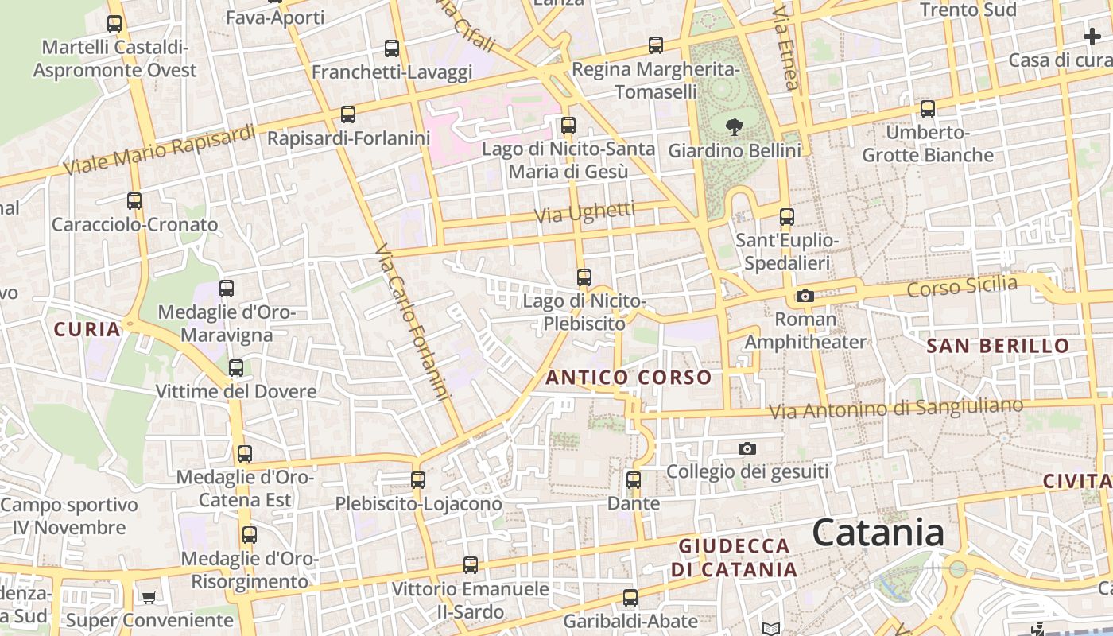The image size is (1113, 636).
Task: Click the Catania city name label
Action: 878,533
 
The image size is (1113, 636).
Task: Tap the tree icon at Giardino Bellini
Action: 734,126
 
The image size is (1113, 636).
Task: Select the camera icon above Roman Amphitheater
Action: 805,297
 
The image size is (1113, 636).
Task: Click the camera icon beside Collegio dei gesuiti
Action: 747,448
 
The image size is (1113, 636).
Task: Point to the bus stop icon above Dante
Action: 633,480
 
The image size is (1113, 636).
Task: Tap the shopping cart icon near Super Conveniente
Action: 149,597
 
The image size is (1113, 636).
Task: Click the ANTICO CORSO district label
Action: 628,378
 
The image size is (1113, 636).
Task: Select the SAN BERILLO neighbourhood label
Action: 998,346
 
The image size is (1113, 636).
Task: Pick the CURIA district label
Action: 87,329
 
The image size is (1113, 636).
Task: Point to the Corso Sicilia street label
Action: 962,286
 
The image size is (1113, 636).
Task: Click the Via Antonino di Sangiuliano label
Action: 896,409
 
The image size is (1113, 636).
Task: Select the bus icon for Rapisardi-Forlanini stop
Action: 347,114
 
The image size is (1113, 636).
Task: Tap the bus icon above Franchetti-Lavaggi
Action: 391,48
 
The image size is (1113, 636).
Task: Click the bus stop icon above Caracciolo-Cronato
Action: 134,201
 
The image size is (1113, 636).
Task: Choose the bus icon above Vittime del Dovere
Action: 235,368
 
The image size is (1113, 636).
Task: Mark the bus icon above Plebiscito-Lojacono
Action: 417,480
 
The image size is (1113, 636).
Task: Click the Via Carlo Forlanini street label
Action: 413,322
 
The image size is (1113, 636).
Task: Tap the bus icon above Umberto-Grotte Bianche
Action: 927,109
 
